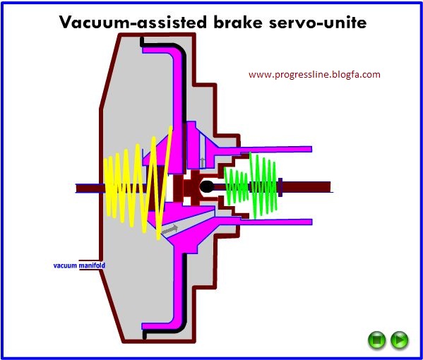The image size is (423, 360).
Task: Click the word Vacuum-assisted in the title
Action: click(x=133, y=22)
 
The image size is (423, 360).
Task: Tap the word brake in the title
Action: click(x=238, y=22)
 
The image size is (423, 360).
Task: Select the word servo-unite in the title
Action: click(x=318, y=22)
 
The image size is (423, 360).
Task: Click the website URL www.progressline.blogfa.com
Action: click(x=314, y=75)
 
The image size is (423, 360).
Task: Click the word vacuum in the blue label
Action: click(x=65, y=265)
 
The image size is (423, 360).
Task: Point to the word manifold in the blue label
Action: click(x=92, y=265)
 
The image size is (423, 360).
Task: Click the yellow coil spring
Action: click(x=138, y=184)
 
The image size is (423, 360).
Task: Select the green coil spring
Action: click(x=251, y=186)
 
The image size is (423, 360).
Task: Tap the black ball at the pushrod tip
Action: click(x=207, y=186)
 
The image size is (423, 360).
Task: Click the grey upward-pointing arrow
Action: click(x=203, y=162)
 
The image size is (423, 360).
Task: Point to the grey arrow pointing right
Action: click(x=169, y=229)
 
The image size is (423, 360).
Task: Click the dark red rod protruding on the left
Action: click(x=90, y=188)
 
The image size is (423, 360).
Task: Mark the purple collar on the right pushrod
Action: click(x=280, y=187)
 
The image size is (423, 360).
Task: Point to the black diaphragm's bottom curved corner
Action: click(x=181, y=325)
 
